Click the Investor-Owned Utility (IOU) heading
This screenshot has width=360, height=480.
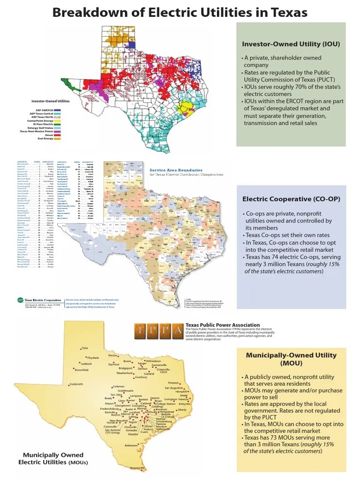point(291,44)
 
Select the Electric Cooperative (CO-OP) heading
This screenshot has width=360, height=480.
point(291,199)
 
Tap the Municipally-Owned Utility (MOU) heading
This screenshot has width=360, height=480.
point(291,359)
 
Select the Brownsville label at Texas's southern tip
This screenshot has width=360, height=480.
point(138,468)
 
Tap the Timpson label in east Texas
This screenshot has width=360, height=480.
point(173,382)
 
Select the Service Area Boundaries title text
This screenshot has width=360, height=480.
point(176,170)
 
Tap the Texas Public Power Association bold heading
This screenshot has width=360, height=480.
point(223,324)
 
